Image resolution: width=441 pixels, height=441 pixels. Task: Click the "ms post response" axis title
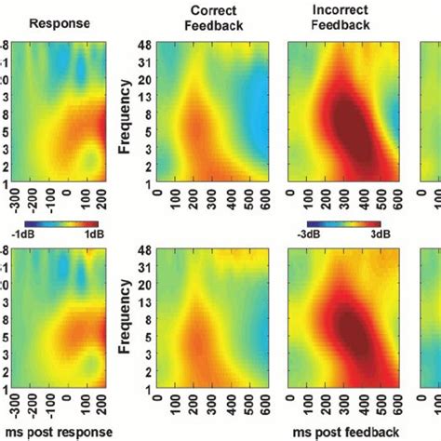(x=56, y=433)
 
